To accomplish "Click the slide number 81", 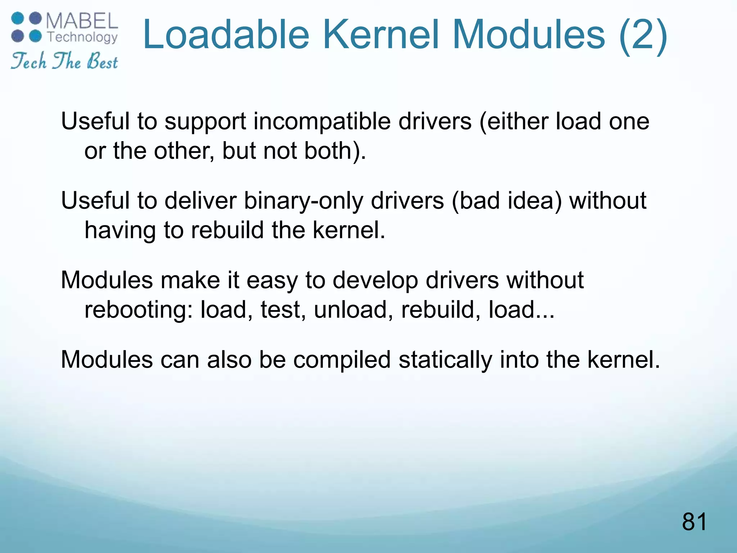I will [694, 522].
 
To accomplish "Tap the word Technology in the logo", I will [83, 37].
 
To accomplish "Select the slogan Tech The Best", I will [64, 61].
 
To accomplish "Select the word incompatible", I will [322, 122].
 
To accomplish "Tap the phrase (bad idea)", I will [506, 201].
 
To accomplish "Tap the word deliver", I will [200, 201].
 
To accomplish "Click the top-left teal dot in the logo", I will [18, 18].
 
